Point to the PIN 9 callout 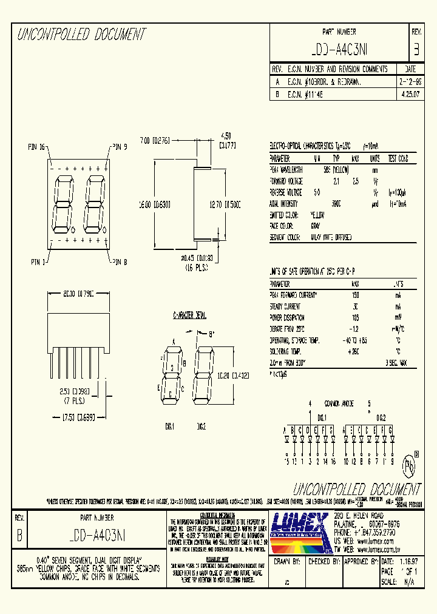point(118,147)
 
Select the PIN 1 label point(36,261)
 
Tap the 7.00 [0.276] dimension point(156,139)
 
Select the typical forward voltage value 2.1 point(336,181)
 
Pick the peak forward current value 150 point(355,294)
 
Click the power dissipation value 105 point(355,317)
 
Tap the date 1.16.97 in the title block point(408,562)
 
